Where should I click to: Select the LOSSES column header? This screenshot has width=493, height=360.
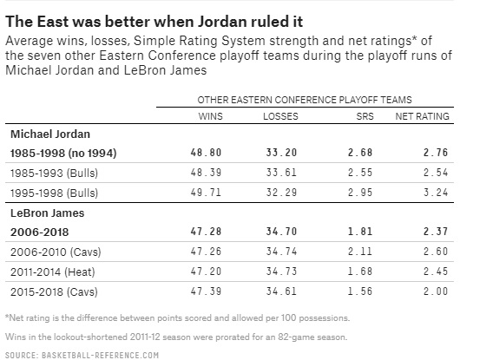pos(279,116)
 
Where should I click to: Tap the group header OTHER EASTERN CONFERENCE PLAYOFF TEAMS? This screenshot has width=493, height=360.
pos(304,100)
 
